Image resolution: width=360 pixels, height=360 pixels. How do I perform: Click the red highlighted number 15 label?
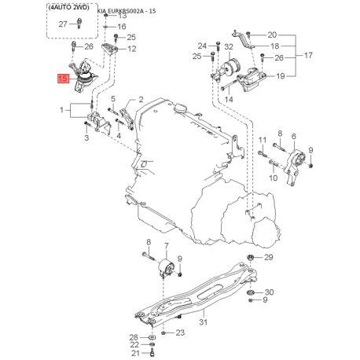coord(61,78)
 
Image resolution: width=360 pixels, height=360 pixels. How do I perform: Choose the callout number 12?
coord(130,49)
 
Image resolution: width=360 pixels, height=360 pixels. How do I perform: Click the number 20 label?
coord(272,35)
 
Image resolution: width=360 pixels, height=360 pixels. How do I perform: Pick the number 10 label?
coord(273,178)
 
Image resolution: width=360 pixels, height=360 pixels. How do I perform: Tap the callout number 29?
coord(268,258)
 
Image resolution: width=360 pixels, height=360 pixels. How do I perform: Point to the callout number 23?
coord(180,332)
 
